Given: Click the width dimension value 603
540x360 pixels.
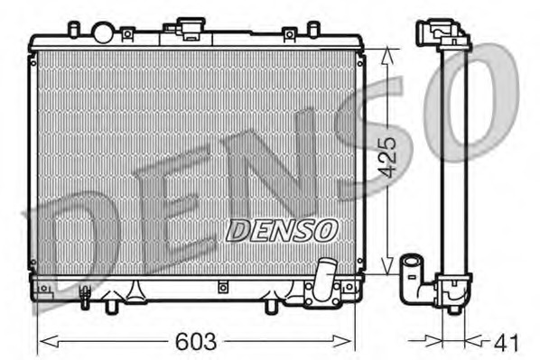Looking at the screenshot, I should pyautogui.click(x=198, y=342).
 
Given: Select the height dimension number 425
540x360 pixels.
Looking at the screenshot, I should pyautogui.click(x=387, y=158).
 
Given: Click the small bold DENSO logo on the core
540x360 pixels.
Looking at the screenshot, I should pyautogui.click(x=281, y=231).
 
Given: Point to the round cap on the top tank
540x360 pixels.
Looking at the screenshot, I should pyautogui.click(x=104, y=33).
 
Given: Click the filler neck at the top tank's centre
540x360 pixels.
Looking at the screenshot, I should pyautogui.click(x=191, y=30).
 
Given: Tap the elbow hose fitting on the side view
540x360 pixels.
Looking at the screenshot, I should pyautogui.click(x=416, y=274).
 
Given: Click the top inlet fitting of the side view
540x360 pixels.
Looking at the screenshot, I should pyautogui.click(x=442, y=32).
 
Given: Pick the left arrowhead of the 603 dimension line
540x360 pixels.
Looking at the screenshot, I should pyautogui.click(x=42, y=341).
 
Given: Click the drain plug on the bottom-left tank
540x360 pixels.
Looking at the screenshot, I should pyautogui.click(x=86, y=293).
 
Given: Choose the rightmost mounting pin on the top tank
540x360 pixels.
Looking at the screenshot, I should pyautogui.click(x=312, y=30).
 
